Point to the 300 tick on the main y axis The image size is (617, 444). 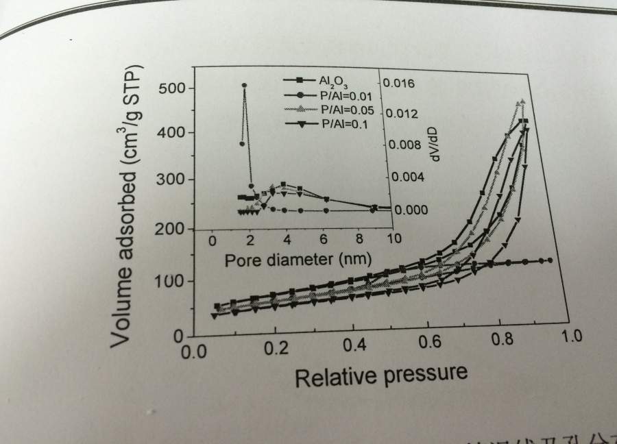pyautogui.click(x=168, y=180)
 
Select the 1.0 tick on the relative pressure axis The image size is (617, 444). pyautogui.click(x=572, y=336)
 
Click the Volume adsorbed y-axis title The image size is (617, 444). pyautogui.click(x=133, y=206)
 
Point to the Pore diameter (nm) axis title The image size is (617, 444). pyautogui.click(x=298, y=261)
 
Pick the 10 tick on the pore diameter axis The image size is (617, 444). pyautogui.click(x=394, y=240)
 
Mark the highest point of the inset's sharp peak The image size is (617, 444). pyautogui.click(x=245, y=86)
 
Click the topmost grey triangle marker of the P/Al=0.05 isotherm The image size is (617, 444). pyautogui.click(x=522, y=102)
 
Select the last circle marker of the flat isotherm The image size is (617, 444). pyautogui.click(x=551, y=260)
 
